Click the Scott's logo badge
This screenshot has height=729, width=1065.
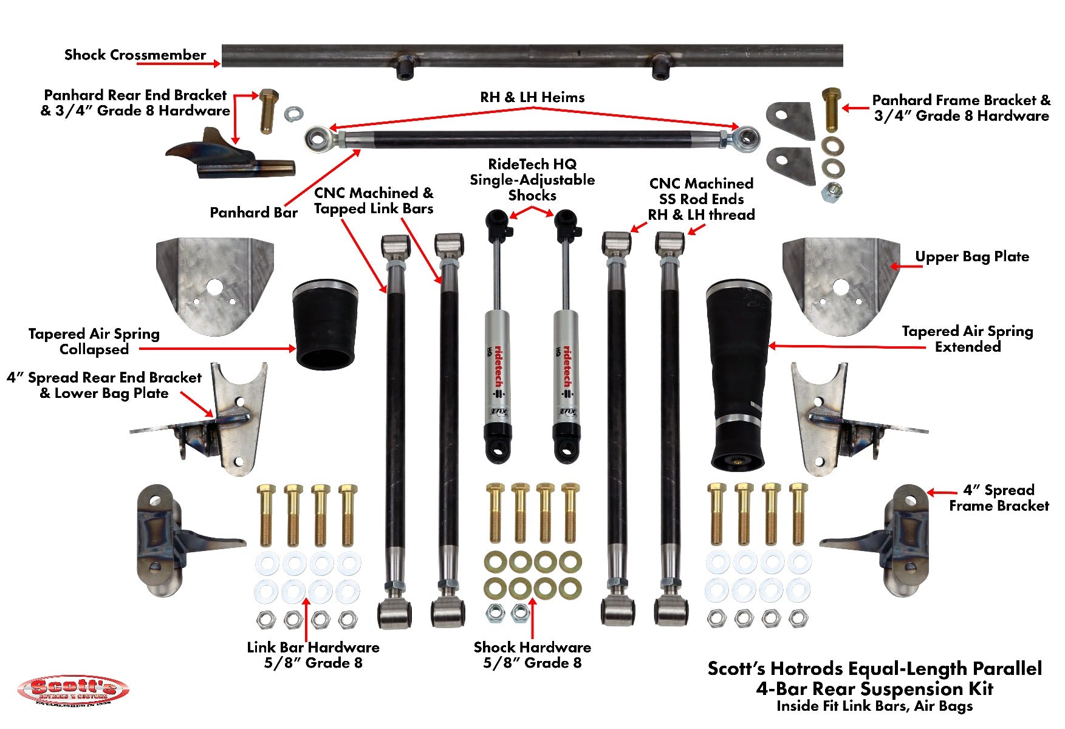coord(73,691)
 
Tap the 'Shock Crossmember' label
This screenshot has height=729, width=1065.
coord(135,55)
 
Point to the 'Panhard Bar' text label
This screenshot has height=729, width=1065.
coord(253,213)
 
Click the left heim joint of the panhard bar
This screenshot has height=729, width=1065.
coord(318,139)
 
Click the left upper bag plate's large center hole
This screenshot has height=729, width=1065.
coord(214,287)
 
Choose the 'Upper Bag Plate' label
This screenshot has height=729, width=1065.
coord(971,257)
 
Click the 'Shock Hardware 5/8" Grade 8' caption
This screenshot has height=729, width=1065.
coord(532,655)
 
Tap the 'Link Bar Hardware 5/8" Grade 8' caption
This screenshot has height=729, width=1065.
coord(313,655)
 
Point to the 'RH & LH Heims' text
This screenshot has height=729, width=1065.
coord(532,97)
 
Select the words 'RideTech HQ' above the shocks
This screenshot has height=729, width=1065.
coord(532,164)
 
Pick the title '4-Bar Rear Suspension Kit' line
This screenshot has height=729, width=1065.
coord(874,689)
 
